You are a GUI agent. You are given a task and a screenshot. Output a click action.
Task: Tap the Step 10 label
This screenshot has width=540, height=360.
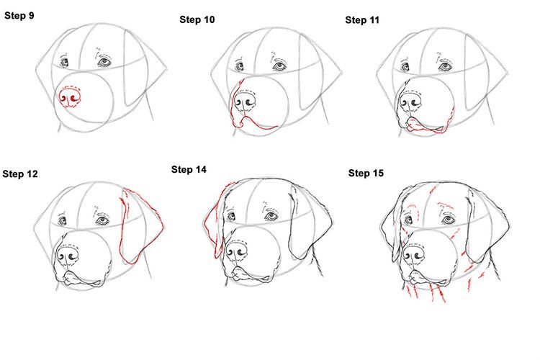(197, 19)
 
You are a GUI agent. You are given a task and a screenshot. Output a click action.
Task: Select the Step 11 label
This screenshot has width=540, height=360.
(363, 19)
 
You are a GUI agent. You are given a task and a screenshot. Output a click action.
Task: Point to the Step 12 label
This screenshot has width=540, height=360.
(20, 174)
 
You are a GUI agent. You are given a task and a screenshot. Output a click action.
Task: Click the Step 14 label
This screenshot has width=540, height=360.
(189, 169)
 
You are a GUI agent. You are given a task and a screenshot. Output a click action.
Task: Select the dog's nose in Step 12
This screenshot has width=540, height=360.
(70, 256)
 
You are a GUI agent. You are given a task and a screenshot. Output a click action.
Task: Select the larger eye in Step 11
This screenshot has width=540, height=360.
(446, 66)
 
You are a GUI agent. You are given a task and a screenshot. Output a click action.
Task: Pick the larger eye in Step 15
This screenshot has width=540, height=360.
(449, 218)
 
